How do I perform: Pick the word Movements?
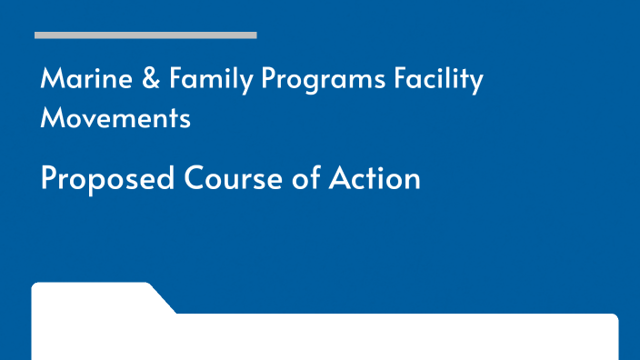[115, 118]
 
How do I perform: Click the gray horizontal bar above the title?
[145, 35]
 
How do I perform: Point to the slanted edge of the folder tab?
[163, 298]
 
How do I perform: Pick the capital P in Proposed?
[49, 178]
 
